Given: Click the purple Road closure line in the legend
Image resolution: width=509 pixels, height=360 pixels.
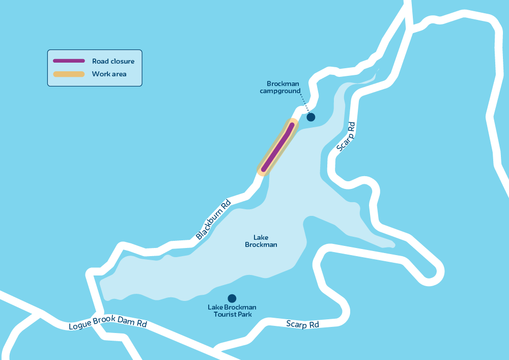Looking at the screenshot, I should point(69,61).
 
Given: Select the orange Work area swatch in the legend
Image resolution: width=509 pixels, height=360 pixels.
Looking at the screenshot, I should point(69,74).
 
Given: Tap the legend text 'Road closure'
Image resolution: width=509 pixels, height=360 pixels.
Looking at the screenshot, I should point(113,61).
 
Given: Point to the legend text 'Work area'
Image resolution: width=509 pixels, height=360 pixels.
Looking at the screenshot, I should point(109,74).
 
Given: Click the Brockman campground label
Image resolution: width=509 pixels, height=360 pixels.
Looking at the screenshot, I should point(282,87).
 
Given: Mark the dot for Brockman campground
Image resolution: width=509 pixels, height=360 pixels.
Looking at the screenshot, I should point(310,117).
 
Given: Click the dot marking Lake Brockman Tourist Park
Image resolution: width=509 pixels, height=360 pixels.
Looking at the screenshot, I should point(232,298).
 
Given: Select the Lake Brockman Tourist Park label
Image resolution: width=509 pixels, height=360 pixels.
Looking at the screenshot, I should point(232,311).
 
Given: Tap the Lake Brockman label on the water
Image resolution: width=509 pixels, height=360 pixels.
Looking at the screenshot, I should point(261,241).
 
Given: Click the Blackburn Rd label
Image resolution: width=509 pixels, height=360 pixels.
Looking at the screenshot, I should point(213,219).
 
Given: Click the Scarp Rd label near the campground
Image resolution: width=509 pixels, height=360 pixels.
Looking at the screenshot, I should point(346,136).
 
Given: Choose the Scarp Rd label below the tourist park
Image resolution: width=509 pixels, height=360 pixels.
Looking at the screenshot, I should point(302,324).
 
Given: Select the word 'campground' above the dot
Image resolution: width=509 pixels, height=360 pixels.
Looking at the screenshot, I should point(279,91).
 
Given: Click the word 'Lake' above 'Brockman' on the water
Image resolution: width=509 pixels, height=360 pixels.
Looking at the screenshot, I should point(261,237).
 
